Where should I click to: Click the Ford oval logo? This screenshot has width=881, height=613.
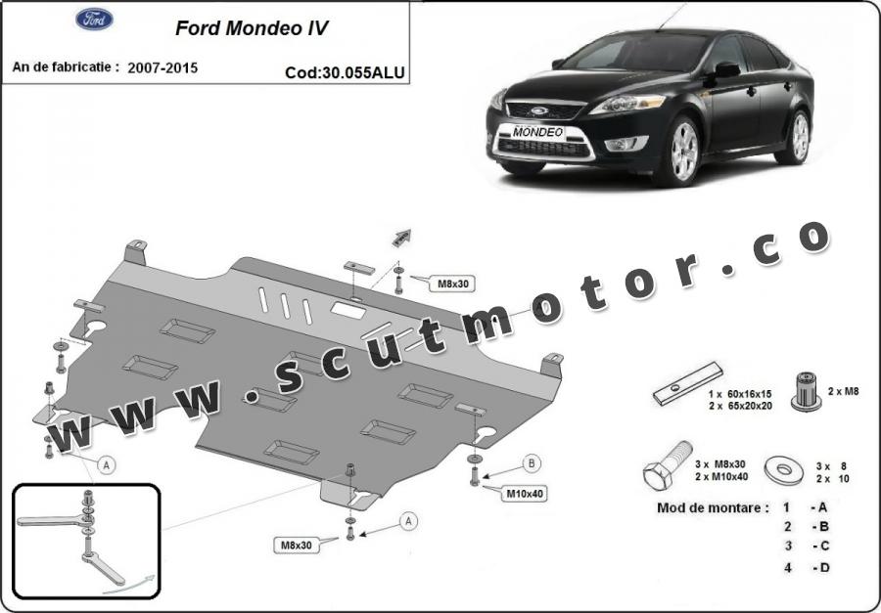pyautogui.click(x=94, y=20)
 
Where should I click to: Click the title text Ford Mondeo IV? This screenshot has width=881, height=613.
pyautogui.click(x=252, y=28)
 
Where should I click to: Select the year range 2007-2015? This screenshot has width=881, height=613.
pyautogui.click(x=162, y=67)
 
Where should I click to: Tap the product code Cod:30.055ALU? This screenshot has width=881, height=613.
pyautogui.click(x=345, y=73)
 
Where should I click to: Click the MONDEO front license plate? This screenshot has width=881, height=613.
pyautogui.click(x=537, y=133)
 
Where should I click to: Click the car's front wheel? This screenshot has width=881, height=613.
pyautogui.click(x=682, y=152)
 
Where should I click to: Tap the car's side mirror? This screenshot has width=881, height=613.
pyautogui.click(x=726, y=69)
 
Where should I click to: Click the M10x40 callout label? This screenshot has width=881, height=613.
pyautogui.click(x=525, y=494)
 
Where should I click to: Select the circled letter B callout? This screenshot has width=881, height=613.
pyautogui.click(x=532, y=463)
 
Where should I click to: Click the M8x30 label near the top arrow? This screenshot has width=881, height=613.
pyautogui.click(x=453, y=285)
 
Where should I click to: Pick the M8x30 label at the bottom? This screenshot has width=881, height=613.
pyautogui.click(x=296, y=545)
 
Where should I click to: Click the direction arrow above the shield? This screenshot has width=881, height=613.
pyautogui.click(x=401, y=238)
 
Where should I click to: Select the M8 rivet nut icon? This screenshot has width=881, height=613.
pyautogui.click(x=807, y=391)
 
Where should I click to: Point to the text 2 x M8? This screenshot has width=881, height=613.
pyautogui.click(x=843, y=391)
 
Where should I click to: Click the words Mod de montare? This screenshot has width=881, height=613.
pyautogui.click(x=713, y=508)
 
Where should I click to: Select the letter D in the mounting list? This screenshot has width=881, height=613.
pyautogui.click(x=823, y=567)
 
